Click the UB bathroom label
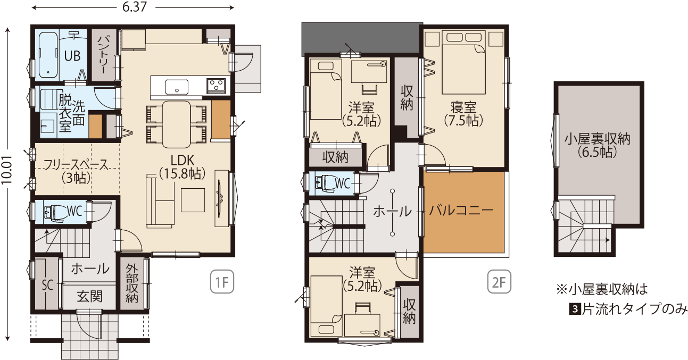[x=72, y=56]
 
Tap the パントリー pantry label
[x=102, y=55]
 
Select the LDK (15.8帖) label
[x=182, y=167]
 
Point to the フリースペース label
[x=76, y=165]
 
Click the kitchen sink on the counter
[x=177, y=87]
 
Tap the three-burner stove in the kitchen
[x=216, y=85]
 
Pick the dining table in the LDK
[x=176, y=124]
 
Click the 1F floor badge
[x=222, y=282]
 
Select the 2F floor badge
[x=499, y=282]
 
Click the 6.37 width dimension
[x=135, y=7]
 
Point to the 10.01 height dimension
[x=7, y=170]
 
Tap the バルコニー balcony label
[x=461, y=211]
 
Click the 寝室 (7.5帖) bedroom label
[x=463, y=114]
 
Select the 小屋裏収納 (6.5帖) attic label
[x=597, y=146]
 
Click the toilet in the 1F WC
[x=55, y=212]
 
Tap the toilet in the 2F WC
[x=326, y=183]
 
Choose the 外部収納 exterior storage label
[x=132, y=283]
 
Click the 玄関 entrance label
[x=90, y=297]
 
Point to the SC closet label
[x=47, y=285]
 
